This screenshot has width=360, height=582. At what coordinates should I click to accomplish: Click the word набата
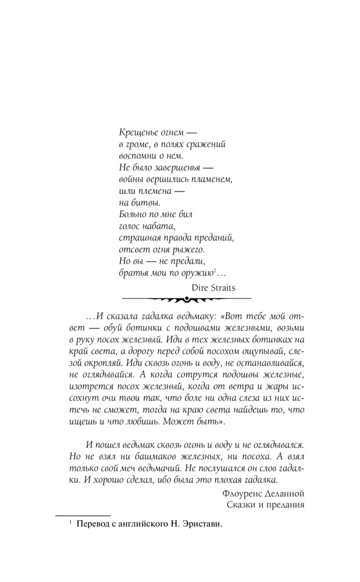[158, 226]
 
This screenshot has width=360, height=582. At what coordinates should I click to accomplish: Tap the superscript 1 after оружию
[215, 269]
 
